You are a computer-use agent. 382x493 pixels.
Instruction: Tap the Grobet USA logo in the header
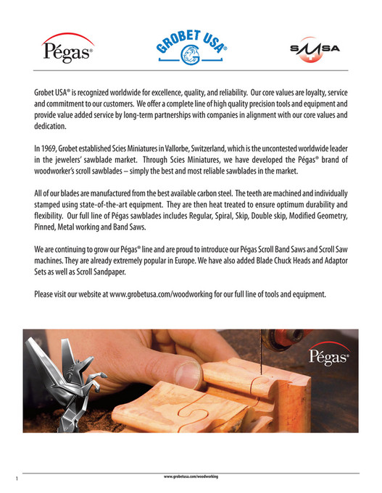[191, 47]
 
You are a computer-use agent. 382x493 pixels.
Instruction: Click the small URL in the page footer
[191, 476]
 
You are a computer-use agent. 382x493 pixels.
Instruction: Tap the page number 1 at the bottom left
[15, 479]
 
